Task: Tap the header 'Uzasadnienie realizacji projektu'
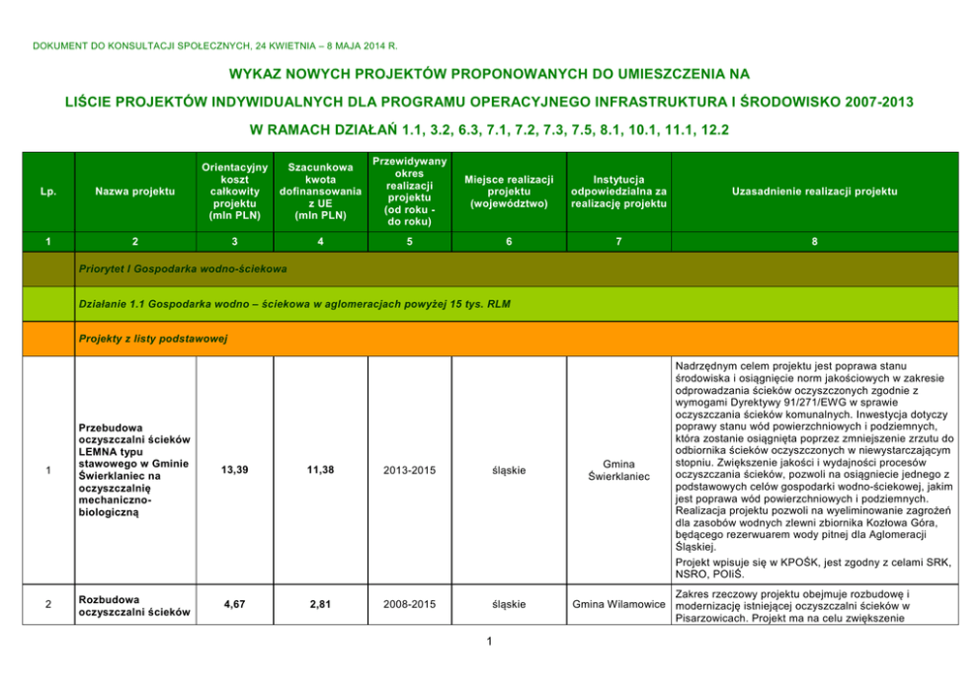(813, 191)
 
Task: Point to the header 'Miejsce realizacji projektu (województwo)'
(509, 191)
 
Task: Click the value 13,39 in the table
(234, 470)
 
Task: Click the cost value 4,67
(234, 604)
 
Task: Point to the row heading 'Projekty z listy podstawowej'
(152, 339)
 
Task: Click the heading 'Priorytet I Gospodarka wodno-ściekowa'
(183, 268)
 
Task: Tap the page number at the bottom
(490, 643)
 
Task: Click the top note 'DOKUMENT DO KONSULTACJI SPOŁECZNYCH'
(215, 44)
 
